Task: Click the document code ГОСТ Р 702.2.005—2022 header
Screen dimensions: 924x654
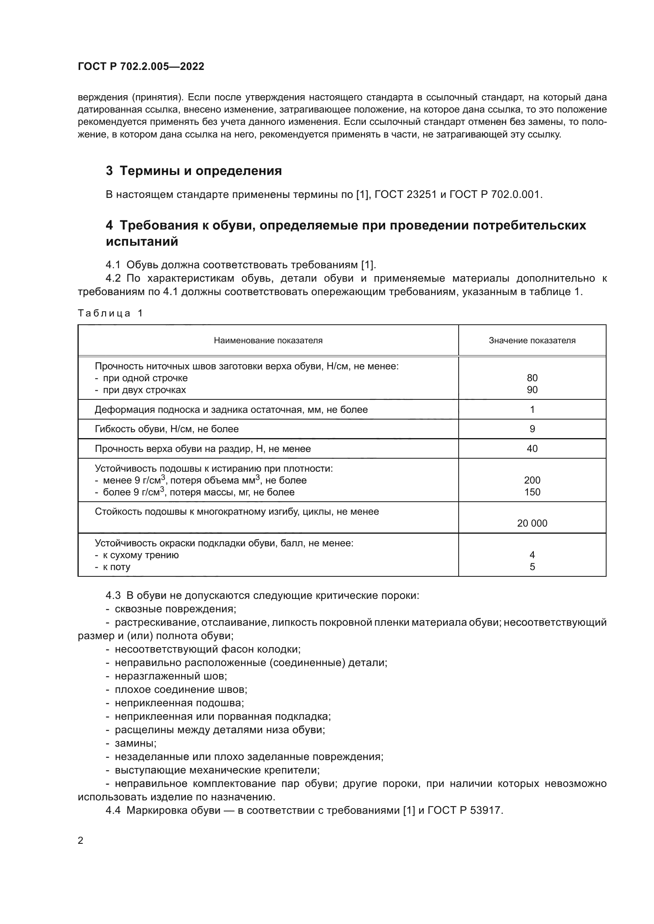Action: point(141,66)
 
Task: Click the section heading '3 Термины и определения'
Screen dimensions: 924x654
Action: point(194,171)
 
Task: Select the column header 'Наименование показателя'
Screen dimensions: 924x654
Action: point(268,341)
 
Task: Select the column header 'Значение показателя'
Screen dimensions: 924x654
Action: point(532,341)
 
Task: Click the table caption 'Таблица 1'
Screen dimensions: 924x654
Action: point(110,313)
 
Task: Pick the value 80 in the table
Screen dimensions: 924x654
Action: point(532,378)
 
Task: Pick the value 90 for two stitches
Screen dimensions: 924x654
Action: point(532,390)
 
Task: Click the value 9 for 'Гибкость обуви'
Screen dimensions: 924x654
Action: point(532,429)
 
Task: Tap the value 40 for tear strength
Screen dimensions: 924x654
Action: point(532,449)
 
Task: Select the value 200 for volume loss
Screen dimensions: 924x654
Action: point(532,480)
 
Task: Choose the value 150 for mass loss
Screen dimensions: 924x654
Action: point(532,492)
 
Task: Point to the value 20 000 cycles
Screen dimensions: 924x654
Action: point(532,523)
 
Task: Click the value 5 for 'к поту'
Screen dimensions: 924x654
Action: point(532,566)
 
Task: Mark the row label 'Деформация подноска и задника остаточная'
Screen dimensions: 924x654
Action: point(231,410)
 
